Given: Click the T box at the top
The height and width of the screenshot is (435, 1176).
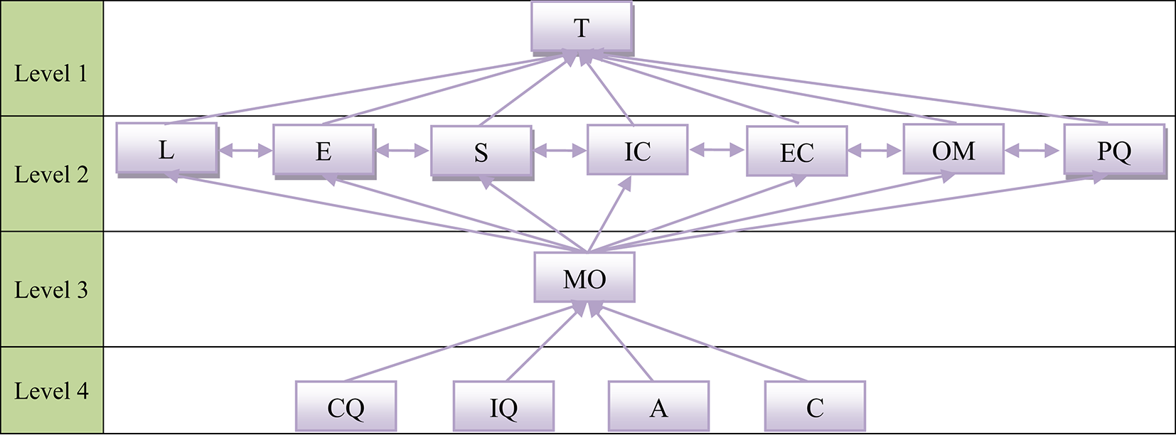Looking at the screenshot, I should (x=582, y=27).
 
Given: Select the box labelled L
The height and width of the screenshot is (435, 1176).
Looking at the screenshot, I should (x=166, y=149).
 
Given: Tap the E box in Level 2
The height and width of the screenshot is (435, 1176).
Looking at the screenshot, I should (x=324, y=151).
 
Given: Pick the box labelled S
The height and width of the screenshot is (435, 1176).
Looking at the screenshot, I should (x=481, y=151).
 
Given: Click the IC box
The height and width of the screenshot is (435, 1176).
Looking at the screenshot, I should (x=638, y=150).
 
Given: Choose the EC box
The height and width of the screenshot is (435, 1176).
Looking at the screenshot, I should (x=796, y=151).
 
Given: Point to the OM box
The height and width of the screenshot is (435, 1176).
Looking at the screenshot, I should (x=953, y=149).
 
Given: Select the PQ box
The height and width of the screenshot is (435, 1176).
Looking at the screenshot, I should (x=1113, y=150).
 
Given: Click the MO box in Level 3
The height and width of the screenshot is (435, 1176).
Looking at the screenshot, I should (x=584, y=278).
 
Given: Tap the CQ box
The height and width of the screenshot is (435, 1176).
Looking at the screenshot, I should (x=346, y=407).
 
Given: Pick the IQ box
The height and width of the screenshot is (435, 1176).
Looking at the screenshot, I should (x=503, y=407).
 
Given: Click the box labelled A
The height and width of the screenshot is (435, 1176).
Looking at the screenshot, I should (x=658, y=407).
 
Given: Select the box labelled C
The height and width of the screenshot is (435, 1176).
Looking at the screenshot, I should (x=815, y=407).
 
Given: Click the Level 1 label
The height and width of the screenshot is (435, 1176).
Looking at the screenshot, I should (x=51, y=73).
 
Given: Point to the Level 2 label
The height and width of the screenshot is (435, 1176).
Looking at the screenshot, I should (x=51, y=174).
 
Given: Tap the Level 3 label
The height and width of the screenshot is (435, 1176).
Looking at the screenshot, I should (x=51, y=290).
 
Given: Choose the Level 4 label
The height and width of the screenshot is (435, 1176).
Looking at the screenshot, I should (x=51, y=391).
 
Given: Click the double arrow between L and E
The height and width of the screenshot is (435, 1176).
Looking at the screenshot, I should (x=245, y=151).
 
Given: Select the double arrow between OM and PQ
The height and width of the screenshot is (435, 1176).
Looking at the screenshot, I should (x=1032, y=151).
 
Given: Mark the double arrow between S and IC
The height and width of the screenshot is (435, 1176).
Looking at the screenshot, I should (x=560, y=151).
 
